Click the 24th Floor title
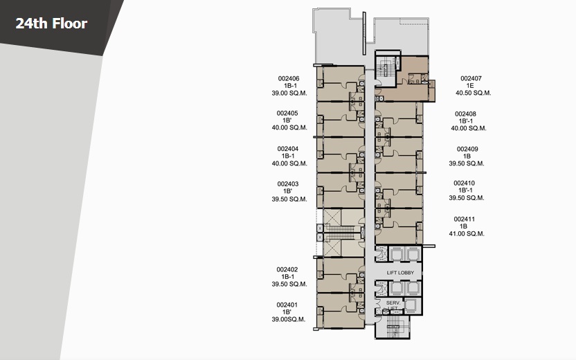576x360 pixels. coord(51,24)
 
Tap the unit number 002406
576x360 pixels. coord(289,79)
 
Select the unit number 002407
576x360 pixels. coord(471,79)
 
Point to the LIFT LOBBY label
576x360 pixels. coord(400,273)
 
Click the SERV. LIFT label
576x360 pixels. coord(393,305)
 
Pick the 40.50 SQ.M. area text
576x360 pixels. coord(473,93)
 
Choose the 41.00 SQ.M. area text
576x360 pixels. coord(467,233)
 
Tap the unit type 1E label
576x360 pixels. coord(470,86)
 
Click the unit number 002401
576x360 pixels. coord(287,305)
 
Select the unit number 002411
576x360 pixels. coord(465,219)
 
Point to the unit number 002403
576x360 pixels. coord(287,184)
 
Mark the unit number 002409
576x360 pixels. coord(467,149)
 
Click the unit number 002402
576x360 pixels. coord(287,269)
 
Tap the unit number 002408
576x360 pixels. coord(465,114)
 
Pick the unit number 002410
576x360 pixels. coord(464,183)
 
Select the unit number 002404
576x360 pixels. coord(287,149)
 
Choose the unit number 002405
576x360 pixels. coord(287,114)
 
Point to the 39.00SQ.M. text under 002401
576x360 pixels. coord(289,320)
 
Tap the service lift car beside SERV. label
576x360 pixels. coord(411,305)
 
